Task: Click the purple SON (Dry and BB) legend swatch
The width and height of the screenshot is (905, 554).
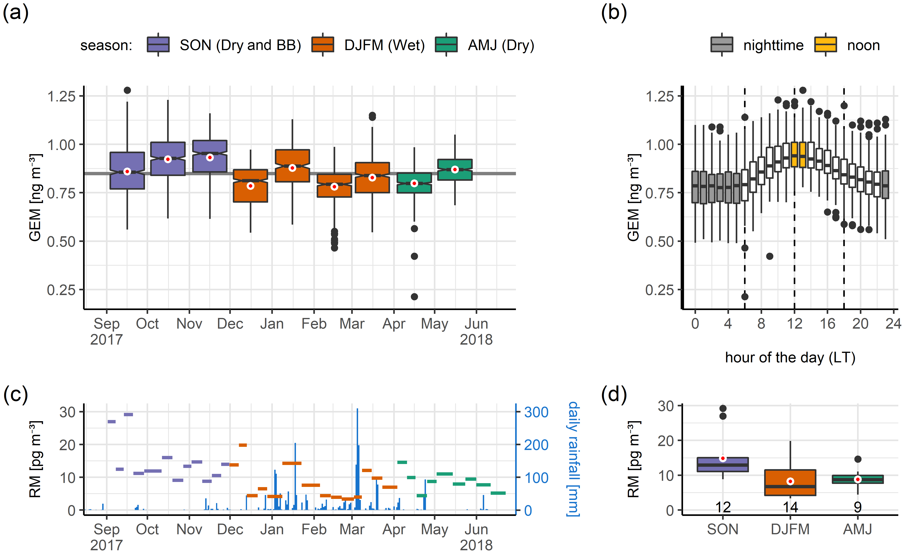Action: (x=158, y=45)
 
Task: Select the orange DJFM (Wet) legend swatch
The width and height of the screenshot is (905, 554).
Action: (x=322, y=45)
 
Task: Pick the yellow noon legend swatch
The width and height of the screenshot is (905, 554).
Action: (x=825, y=45)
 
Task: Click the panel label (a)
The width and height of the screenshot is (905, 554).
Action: (x=15, y=13)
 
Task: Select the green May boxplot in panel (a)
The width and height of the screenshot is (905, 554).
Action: (x=455, y=170)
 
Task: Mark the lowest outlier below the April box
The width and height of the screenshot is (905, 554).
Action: (x=414, y=296)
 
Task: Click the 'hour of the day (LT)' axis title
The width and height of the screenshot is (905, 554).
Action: (x=790, y=357)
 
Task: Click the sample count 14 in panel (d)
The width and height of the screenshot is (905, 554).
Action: (x=790, y=508)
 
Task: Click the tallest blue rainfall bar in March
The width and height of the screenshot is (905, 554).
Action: (x=357, y=459)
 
